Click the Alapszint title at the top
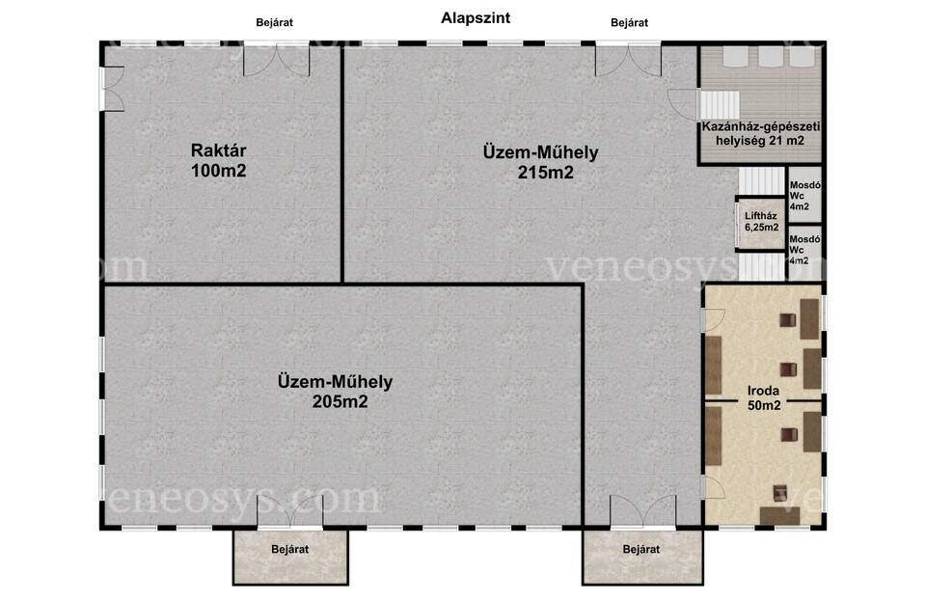(476, 18)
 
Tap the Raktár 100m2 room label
(219, 161)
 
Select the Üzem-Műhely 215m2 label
(540, 162)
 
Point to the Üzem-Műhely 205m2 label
(335, 392)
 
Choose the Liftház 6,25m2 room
(761, 223)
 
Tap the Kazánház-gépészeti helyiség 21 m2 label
(761, 133)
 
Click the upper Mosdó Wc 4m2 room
(804, 196)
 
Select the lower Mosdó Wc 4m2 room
(804, 252)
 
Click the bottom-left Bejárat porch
(290, 557)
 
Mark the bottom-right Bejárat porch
(642, 557)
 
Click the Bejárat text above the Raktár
(274, 23)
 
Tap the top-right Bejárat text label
(629, 23)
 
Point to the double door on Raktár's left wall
(112, 89)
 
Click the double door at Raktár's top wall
(277, 60)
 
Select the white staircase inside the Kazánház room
(720, 104)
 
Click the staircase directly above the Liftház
(762, 180)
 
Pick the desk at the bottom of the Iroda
(779, 515)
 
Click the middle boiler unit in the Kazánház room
(770, 56)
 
